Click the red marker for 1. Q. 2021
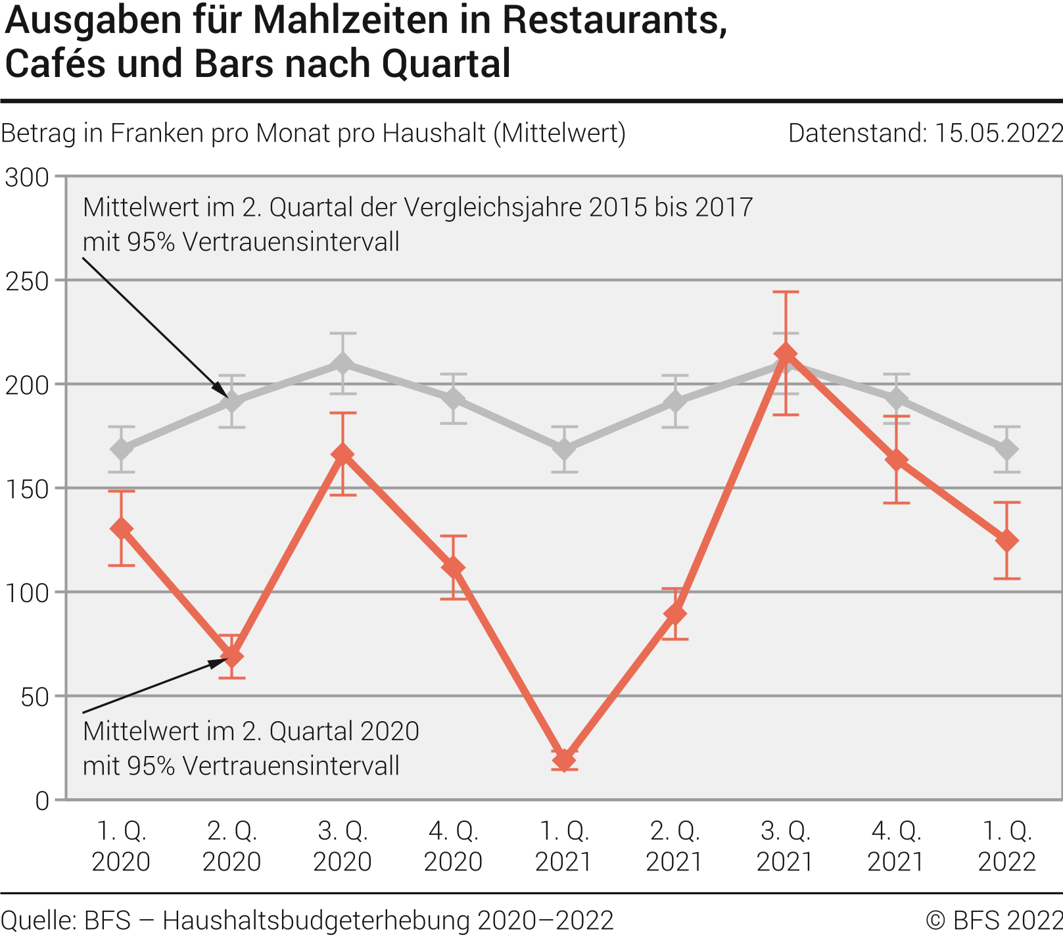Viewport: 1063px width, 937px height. (x=564, y=760)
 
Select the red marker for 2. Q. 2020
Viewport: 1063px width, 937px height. (x=232, y=657)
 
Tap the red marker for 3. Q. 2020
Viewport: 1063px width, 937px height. (x=343, y=454)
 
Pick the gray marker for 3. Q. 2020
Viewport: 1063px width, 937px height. (x=343, y=363)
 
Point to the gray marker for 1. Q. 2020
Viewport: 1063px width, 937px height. (x=122, y=449)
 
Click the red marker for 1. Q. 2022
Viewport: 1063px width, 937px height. (x=1006, y=541)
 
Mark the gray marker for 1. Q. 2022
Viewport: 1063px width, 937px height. (x=1006, y=449)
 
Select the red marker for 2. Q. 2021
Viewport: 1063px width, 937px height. (x=675, y=614)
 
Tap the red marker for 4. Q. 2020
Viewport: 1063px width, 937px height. (x=454, y=567)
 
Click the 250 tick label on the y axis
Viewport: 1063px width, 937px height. (x=28, y=281)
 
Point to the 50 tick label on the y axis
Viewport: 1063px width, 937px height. (x=35, y=697)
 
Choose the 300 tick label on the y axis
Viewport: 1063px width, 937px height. (x=28, y=177)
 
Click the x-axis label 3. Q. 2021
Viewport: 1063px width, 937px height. (x=786, y=846)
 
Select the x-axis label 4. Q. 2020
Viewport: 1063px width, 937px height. (x=454, y=846)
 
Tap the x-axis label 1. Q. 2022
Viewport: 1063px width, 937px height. (x=1006, y=846)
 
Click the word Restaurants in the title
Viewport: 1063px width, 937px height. (x=615, y=21)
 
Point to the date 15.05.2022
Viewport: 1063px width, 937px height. (x=998, y=134)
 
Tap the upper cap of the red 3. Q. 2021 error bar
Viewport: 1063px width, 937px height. (x=786, y=292)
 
